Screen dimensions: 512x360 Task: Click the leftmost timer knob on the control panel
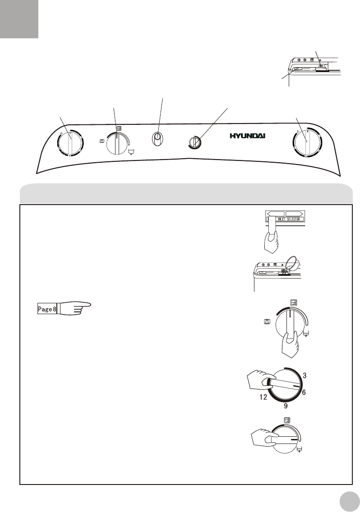tap(70, 143)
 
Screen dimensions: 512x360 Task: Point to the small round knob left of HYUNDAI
tap(195, 143)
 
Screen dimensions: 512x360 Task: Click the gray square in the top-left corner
tap(19, 19)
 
